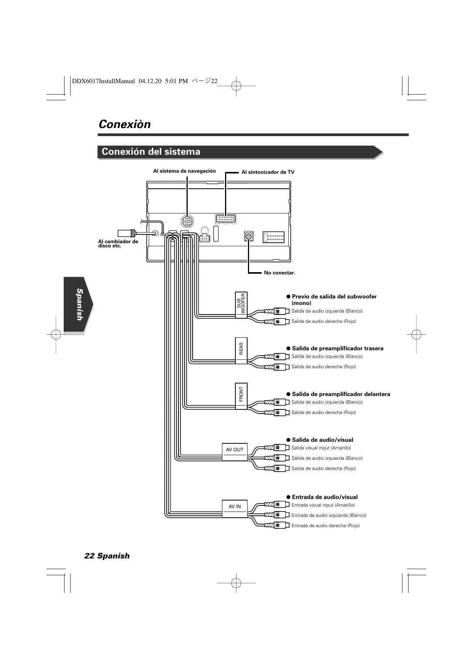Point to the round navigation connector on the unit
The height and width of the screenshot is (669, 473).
click(187, 222)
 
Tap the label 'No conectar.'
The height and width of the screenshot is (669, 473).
click(280, 273)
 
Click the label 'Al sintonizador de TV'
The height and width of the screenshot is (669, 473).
click(268, 172)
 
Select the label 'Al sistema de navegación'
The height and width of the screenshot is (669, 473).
click(184, 171)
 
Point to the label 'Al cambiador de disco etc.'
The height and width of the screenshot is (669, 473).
click(118, 244)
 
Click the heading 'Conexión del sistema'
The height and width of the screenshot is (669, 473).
click(151, 152)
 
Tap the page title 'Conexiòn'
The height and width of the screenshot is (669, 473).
click(125, 124)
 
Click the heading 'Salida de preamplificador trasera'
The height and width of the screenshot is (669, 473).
click(337, 348)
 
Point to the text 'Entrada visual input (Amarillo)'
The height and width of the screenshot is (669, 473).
click(323, 505)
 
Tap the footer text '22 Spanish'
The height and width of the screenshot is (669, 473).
click(107, 556)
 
